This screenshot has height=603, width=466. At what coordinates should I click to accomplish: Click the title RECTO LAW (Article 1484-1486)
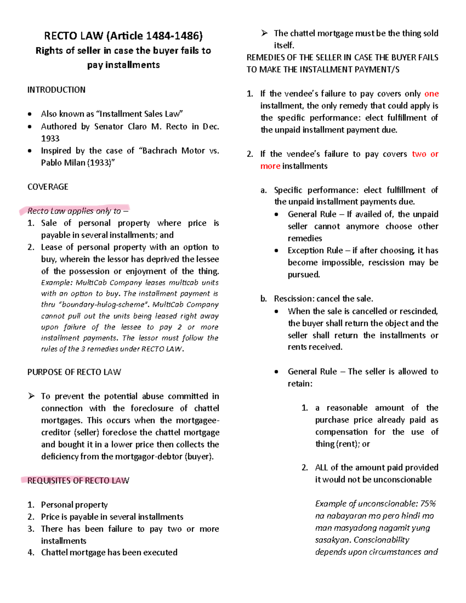123,36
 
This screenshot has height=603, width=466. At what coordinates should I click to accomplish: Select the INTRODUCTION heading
56,90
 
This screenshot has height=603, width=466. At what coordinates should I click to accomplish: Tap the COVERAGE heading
48,187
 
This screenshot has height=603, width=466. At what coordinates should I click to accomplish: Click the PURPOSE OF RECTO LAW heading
74,372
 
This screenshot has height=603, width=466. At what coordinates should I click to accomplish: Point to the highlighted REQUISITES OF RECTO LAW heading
78,481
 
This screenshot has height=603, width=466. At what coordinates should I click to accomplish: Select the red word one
431,94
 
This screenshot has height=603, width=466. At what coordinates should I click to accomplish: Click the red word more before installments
270,166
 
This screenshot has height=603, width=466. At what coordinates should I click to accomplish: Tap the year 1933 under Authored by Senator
50,139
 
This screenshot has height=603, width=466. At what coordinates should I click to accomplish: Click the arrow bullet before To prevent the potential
31,396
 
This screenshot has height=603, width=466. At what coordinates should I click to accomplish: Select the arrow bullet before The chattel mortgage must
264,33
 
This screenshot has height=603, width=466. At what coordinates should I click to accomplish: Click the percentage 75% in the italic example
428,504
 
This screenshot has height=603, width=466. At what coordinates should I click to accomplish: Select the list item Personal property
74,505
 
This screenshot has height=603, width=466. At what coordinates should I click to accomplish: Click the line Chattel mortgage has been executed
109,553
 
